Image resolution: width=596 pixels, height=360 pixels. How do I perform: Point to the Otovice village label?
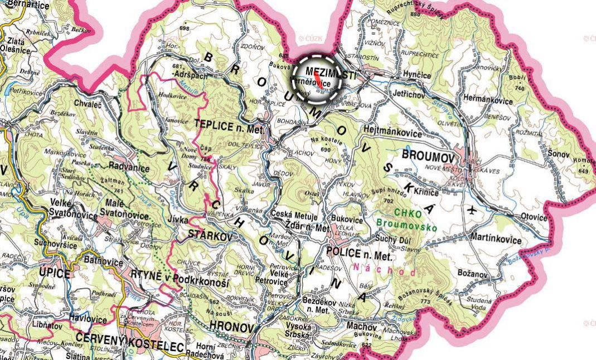[532, 217]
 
